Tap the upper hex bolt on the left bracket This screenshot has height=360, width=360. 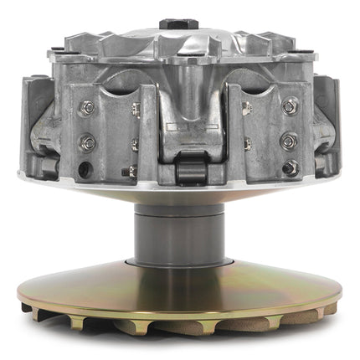[x=87, y=107]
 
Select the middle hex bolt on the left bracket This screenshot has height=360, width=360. [x=87, y=142]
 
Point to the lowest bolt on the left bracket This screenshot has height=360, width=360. [x=84, y=169]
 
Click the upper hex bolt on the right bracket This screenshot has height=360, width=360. [x=290, y=106]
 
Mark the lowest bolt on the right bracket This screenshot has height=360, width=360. [x=290, y=168]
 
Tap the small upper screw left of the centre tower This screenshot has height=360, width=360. [x=135, y=108]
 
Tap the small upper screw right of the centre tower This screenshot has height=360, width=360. [x=245, y=108]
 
